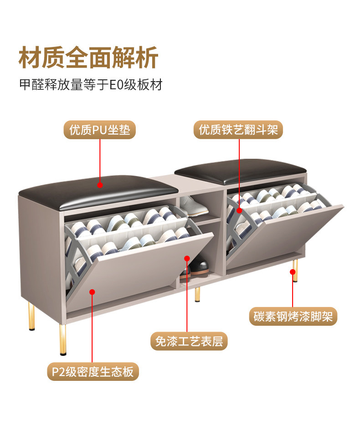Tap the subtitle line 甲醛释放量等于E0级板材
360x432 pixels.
point(91,85)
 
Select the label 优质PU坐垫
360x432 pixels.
point(100,130)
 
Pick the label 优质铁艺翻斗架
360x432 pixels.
point(238,130)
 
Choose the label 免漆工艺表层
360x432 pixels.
point(189,341)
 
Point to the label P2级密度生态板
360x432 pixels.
point(93,372)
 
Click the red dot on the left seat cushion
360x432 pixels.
point(100,185)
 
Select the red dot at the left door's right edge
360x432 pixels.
point(187,259)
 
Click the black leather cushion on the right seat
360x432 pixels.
point(240,170)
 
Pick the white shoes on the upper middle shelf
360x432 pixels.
point(195,208)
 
